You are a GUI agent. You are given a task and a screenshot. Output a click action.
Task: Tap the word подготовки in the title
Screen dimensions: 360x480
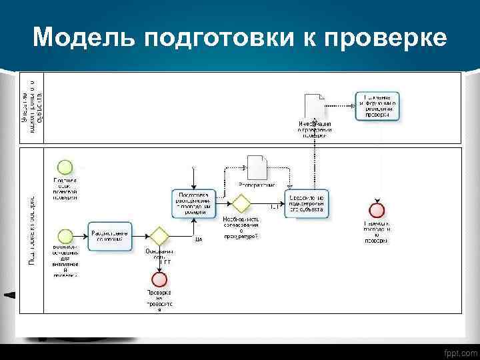(x=209, y=38)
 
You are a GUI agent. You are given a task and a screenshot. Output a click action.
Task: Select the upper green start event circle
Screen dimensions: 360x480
(x=65, y=167)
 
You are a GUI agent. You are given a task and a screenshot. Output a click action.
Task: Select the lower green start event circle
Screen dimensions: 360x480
(x=65, y=236)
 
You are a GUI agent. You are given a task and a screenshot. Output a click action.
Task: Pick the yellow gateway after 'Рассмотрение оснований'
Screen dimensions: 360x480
(x=159, y=236)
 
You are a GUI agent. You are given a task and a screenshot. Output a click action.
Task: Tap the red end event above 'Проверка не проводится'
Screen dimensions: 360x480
(x=159, y=279)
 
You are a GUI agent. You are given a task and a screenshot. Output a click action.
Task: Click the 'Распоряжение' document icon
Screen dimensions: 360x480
(x=257, y=168)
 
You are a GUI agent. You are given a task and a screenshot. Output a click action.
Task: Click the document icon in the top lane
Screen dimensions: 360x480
(x=315, y=107)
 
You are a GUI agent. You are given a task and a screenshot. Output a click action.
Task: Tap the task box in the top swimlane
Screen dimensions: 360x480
(x=378, y=106)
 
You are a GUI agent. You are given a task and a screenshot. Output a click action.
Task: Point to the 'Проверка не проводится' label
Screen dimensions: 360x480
(x=159, y=301)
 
